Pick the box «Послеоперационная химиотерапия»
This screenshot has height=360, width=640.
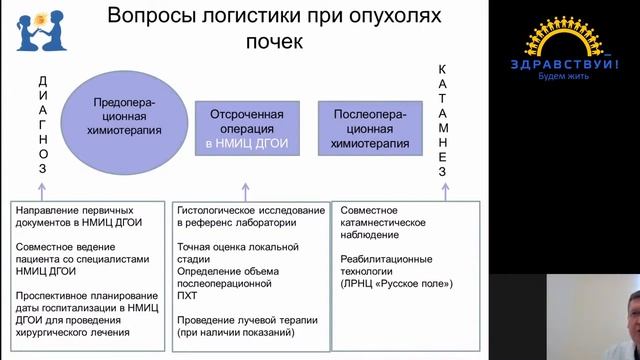tap(369, 128)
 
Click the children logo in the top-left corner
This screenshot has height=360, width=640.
tap(38, 31)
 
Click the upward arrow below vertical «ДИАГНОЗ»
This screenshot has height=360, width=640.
tap(43, 189)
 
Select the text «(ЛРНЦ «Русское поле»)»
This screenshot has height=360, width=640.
tap(396, 284)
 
